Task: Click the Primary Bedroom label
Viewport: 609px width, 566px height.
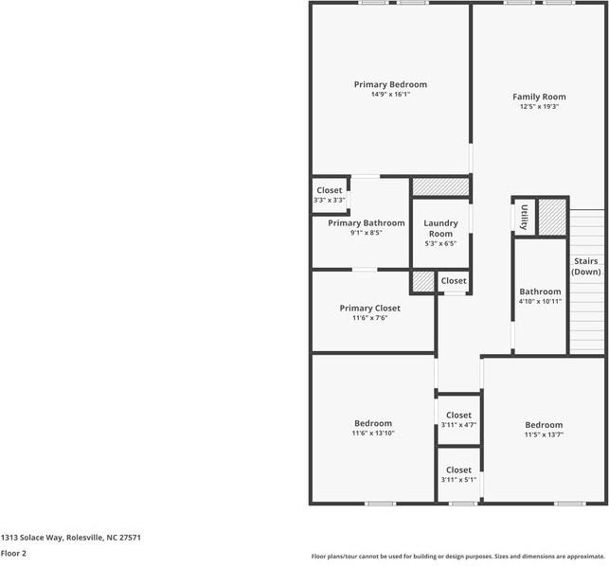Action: pos(390,84)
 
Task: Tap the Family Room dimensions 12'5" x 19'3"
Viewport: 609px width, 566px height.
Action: pos(539,106)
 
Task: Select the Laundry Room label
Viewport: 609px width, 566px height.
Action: pos(440,228)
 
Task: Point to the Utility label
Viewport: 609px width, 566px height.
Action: pos(524,217)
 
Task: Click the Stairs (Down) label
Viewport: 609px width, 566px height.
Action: pos(586,266)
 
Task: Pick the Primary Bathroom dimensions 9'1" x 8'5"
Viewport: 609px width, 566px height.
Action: pos(367,233)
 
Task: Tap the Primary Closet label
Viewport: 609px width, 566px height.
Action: pos(369,309)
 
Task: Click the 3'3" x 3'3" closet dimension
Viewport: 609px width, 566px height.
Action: pos(330,201)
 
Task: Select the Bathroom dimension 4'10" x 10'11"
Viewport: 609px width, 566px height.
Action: pos(540,301)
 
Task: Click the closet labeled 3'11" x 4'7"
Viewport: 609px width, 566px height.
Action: pos(458,425)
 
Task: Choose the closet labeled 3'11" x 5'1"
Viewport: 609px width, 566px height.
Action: pos(458,480)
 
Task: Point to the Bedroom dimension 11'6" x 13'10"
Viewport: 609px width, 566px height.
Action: pos(373,433)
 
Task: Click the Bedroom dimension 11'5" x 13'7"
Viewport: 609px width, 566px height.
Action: pos(544,434)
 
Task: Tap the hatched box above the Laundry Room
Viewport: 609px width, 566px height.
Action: pos(440,186)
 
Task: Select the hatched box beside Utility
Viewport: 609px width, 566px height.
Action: pos(552,217)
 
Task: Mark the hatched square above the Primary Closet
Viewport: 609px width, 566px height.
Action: pos(423,281)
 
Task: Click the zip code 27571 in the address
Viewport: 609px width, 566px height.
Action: pos(130,538)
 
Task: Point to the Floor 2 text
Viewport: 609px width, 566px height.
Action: pos(13,553)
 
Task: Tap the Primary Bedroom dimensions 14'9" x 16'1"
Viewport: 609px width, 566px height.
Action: pos(391,95)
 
